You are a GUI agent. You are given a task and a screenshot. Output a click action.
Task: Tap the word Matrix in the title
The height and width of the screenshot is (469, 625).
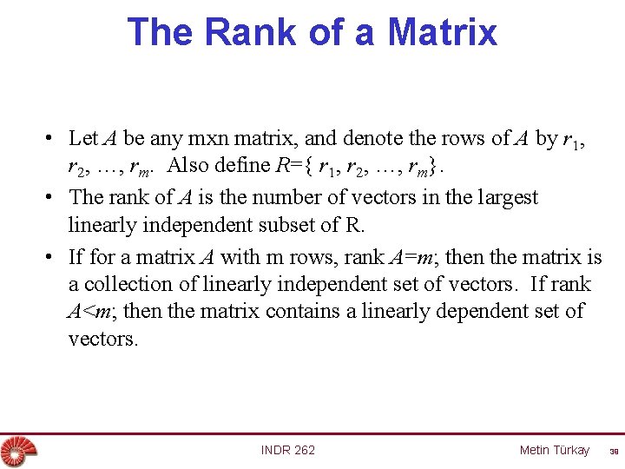tap(443, 31)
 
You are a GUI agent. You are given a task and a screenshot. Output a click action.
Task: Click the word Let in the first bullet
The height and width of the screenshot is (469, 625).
tap(82, 138)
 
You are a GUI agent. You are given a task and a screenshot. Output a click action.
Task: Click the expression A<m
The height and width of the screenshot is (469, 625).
tap(87, 311)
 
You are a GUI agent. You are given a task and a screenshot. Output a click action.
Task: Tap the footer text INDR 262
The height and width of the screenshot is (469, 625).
tap(288, 450)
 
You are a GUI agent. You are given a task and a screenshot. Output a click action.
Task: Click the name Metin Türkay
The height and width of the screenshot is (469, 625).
tap(554, 450)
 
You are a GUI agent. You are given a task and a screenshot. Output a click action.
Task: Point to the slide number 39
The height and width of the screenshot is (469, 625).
tap(613, 451)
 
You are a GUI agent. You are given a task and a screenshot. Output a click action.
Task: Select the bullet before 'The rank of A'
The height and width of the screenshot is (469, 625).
tap(53, 198)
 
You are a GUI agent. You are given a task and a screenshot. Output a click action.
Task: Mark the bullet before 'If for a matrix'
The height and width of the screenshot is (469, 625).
tap(53, 257)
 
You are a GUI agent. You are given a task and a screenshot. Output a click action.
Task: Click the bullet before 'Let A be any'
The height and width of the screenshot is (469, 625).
tap(53, 139)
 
